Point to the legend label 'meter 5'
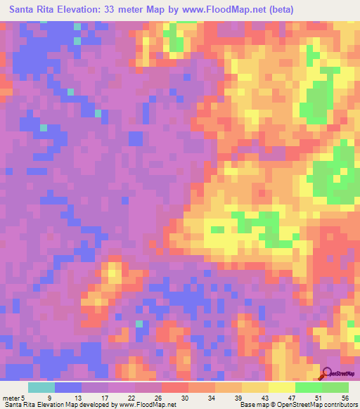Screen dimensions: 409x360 point(14,398)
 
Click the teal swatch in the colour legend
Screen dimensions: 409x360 point(41,387)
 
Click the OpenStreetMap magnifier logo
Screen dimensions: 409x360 point(327,375)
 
